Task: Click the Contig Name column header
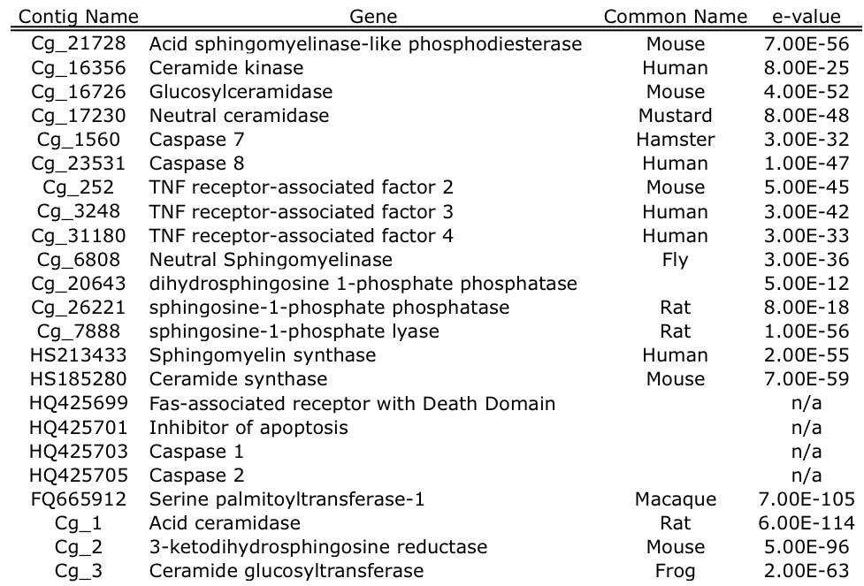tap(79, 17)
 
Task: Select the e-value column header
tap(807, 17)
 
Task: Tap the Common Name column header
tap(675, 17)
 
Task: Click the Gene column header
tap(373, 17)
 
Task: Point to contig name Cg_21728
tap(79, 43)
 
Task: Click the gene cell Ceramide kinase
tap(226, 68)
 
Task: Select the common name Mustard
tap(675, 116)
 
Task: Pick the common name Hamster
tap(675, 140)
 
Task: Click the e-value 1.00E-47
tap(807, 164)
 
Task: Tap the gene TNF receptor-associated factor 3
tap(301, 211)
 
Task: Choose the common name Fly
tap(675, 259)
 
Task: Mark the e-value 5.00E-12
tap(807, 283)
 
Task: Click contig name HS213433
tap(79, 355)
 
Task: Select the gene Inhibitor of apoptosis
tap(248, 428)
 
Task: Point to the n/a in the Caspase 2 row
tap(807, 476)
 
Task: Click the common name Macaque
tap(675, 499)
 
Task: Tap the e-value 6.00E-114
tap(807, 523)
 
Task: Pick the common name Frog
tap(675, 571)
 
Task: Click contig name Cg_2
tap(79, 547)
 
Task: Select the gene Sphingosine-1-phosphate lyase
tap(294, 331)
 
